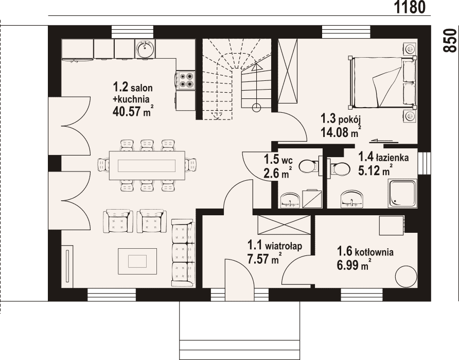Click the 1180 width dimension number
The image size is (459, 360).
(x=410, y=7)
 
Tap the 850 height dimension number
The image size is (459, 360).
(x=450, y=40)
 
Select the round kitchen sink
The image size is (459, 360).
(x=145, y=49)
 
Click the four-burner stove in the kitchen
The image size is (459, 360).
(x=186, y=80)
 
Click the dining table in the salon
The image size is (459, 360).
(x=147, y=165)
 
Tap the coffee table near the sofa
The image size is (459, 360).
(x=137, y=261)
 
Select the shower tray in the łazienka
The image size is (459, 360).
(x=402, y=194)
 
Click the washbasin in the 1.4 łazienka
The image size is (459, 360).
(x=352, y=199)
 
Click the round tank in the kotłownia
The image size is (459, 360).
(x=406, y=276)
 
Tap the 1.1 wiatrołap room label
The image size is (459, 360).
(x=274, y=245)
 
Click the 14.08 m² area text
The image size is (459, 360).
(x=341, y=132)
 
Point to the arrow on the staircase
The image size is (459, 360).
(x=256, y=87)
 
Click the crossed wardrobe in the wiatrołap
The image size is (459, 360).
(x=284, y=225)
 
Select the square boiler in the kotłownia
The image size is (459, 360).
(x=392, y=225)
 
